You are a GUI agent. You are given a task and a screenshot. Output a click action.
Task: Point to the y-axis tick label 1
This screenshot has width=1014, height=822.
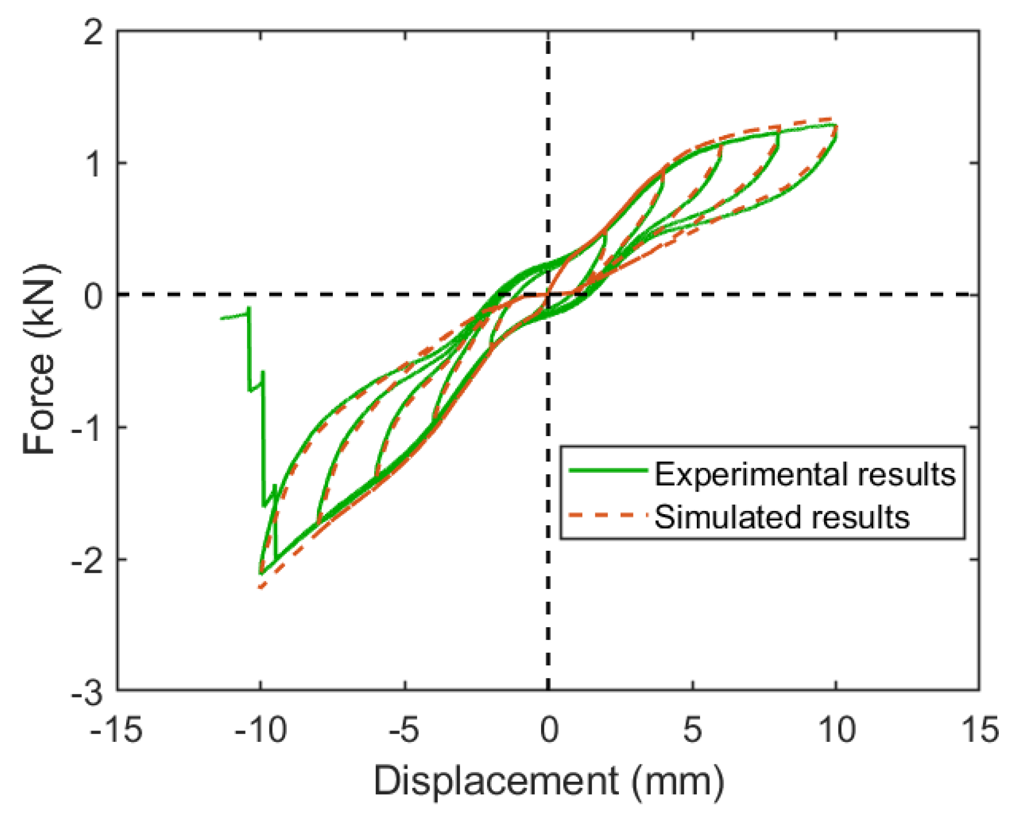[94, 164]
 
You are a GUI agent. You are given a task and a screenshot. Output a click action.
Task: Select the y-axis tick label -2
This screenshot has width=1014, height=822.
[87, 560]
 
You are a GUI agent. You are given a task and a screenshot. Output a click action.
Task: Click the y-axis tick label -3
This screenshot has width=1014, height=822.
[87, 694]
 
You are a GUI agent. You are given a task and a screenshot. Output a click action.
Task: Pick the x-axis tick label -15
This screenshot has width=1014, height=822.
[116, 730]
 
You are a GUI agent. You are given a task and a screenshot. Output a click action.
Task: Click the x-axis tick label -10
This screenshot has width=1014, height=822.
[260, 730]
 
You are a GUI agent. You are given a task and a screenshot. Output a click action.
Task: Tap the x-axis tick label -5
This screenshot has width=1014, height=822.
[404, 730]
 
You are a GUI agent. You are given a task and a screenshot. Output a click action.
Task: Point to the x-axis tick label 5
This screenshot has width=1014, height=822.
[692, 730]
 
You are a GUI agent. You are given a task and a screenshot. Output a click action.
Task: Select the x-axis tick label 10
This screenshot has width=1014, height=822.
[836, 730]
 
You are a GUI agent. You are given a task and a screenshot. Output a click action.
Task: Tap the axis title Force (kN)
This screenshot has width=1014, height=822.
[39, 360]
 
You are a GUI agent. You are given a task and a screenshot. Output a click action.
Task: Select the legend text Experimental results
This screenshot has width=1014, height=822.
[805, 475]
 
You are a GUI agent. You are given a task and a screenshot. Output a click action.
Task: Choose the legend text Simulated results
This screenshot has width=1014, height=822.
[782, 517]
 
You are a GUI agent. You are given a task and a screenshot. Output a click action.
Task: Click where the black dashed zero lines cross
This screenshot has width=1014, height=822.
[548, 295]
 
